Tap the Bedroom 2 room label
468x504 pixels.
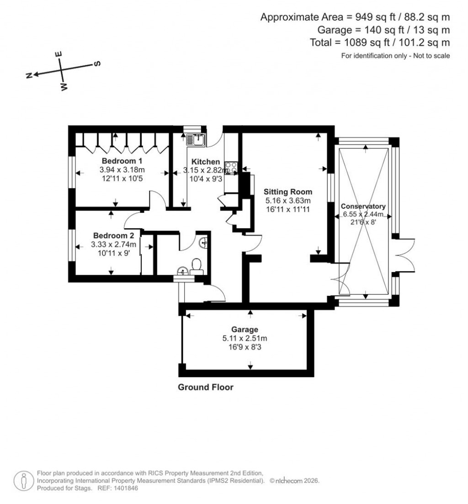pos(113,236)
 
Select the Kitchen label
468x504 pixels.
pos(206,162)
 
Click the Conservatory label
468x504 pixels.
pos(364,206)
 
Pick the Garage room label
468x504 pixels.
pos(245,329)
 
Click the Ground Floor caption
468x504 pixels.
pos(205,388)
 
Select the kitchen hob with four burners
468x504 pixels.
pos(231,168)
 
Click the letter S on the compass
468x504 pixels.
pos(97,63)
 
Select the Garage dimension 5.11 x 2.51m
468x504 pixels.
pos(245,338)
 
